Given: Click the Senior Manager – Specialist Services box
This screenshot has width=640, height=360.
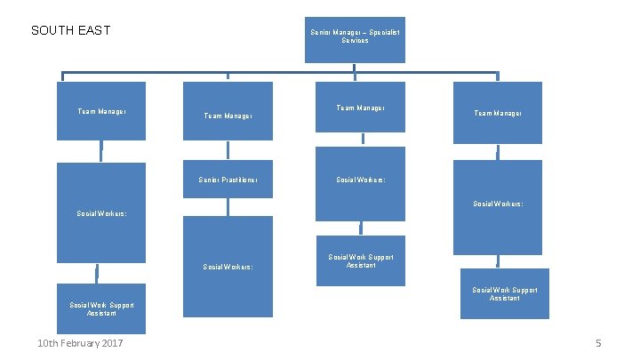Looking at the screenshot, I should (x=355, y=39).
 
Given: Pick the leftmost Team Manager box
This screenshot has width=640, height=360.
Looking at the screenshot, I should (x=101, y=111).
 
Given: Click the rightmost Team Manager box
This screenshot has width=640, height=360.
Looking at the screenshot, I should (x=498, y=112).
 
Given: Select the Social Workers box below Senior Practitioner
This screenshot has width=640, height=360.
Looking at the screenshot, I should (x=228, y=266).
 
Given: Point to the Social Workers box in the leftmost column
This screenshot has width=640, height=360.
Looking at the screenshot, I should (x=101, y=212).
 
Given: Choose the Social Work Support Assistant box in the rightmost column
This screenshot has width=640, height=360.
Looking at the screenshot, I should (x=504, y=293).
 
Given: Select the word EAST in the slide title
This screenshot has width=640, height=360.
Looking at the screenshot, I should (x=94, y=30).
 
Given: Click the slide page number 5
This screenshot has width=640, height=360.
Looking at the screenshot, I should (x=598, y=344).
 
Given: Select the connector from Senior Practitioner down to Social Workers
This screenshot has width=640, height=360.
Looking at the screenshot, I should (x=228, y=207).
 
